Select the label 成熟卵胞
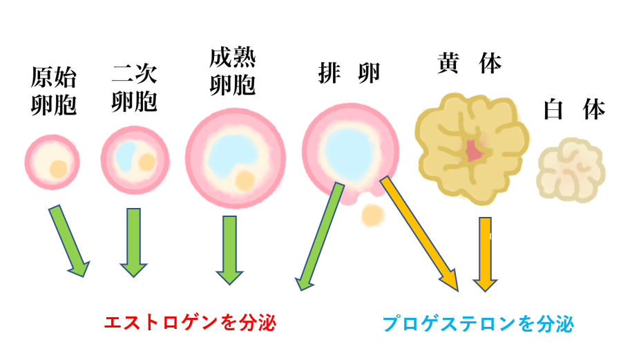[x=233, y=72]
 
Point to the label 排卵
[x=349, y=73]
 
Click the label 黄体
[x=469, y=64]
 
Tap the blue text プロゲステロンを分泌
[x=478, y=323]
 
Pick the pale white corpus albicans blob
[x=571, y=169]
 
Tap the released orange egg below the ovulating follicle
[x=373, y=214]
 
